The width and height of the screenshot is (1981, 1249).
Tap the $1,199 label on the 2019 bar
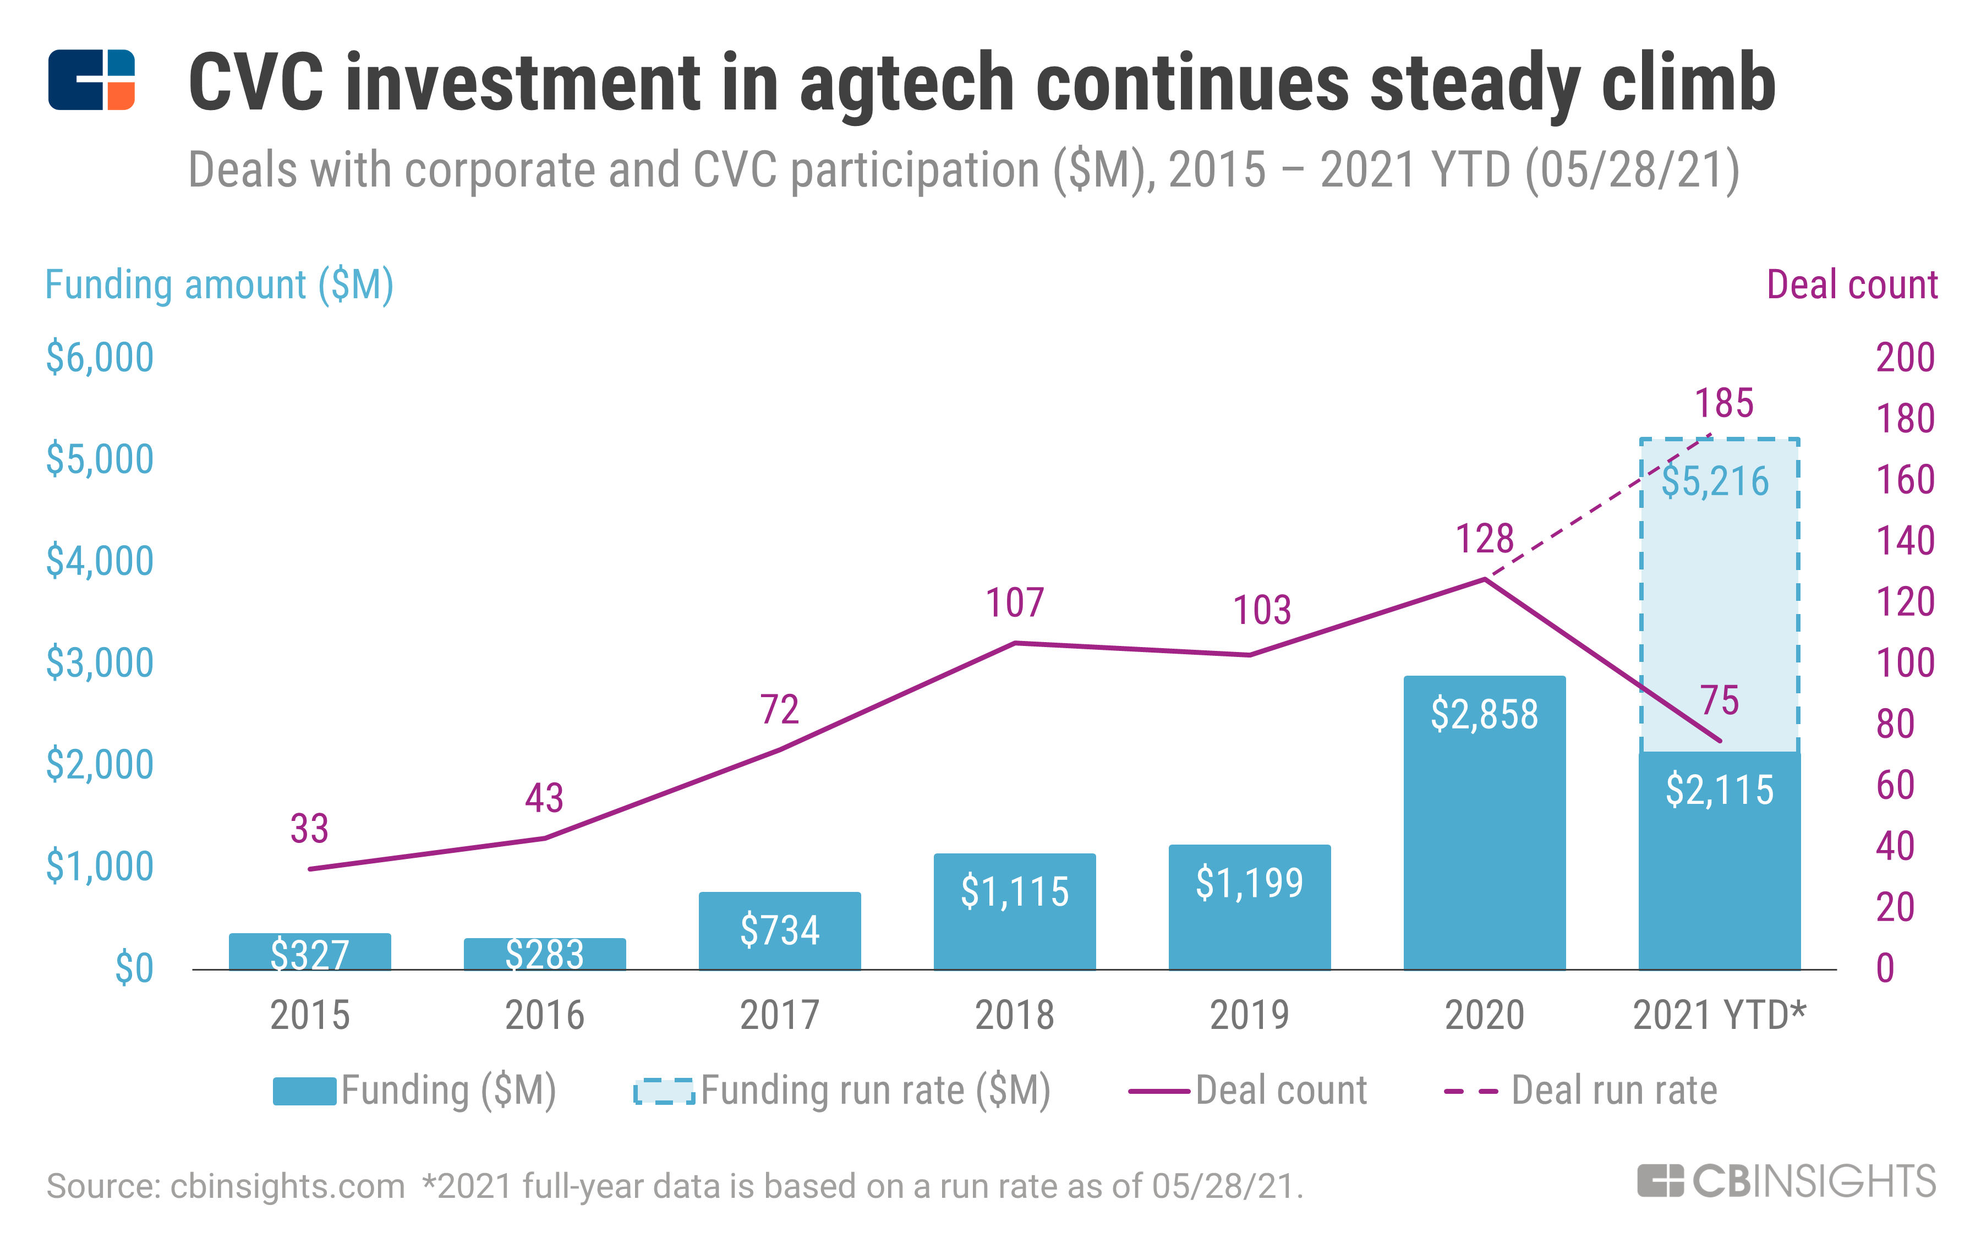(1249, 883)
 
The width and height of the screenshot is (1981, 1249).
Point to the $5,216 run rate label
(1715, 481)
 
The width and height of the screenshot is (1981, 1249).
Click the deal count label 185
(1723, 403)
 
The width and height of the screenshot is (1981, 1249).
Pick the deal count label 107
(1014, 602)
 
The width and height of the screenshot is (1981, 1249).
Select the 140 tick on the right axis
(1905, 540)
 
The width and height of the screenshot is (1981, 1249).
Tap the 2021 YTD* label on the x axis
(1719, 1015)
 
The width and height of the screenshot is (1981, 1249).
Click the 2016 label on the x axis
(544, 1015)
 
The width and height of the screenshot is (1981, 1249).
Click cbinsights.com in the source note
(287, 1186)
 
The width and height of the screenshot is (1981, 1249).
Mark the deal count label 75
(1720, 701)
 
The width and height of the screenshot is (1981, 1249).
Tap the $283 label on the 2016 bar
(544, 955)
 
